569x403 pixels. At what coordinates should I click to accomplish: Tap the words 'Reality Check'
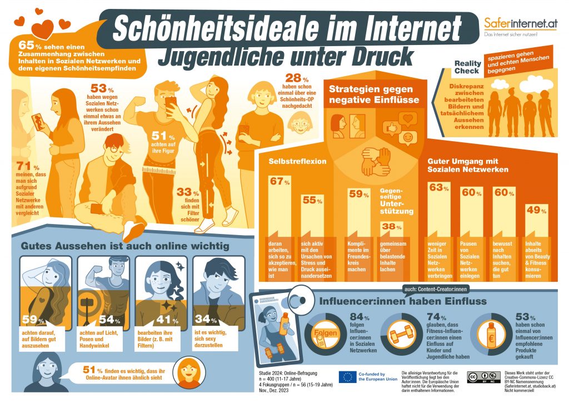pyautogui.click(x=467, y=67)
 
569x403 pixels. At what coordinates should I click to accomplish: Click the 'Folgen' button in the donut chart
pyautogui.click(x=328, y=335)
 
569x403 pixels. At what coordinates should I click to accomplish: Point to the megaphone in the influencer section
pyautogui.click(x=301, y=298)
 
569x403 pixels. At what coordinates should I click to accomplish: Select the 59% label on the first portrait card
pyautogui.click(x=33, y=319)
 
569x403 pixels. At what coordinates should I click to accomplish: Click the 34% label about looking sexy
pyautogui.click(x=206, y=319)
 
